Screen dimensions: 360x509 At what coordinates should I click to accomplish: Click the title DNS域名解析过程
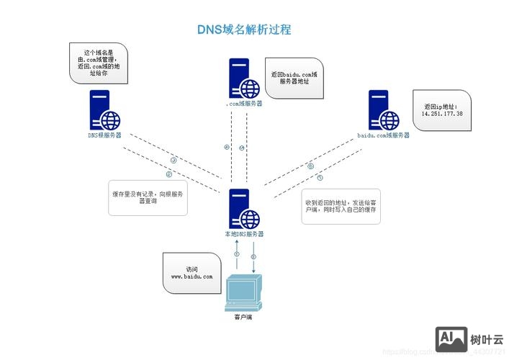(x=244, y=30)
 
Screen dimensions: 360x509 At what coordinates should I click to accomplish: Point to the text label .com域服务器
(x=243, y=104)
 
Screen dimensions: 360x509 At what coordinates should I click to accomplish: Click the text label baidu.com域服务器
(x=383, y=135)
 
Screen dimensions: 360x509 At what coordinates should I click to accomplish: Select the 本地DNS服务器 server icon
(x=243, y=209)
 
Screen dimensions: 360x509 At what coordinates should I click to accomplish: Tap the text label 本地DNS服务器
(x=243, y=234)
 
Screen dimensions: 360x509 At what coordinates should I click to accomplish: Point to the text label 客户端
(x=243, y=316)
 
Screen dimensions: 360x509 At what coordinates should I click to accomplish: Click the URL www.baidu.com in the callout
(x=192, y=276)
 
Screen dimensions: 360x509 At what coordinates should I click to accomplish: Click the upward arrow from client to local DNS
(x=236, y=257)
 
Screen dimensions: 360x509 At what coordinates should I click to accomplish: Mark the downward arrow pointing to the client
(x=253, y=257)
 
